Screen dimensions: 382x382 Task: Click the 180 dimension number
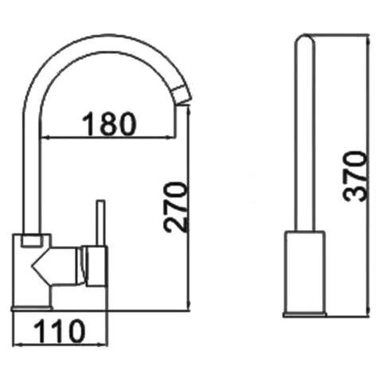tap(109, 123)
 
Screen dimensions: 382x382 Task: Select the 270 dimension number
tap(175, 207)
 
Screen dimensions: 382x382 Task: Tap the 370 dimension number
tap(356, 177)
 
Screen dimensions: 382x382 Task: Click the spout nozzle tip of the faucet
tap(181, 93)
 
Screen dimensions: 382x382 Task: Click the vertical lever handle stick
tap(100, 223)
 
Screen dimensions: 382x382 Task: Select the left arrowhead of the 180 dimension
tap(45, 138)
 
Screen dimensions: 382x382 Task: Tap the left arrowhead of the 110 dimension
tap(18, 345)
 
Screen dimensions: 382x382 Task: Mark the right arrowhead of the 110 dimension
tap(103, 345)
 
